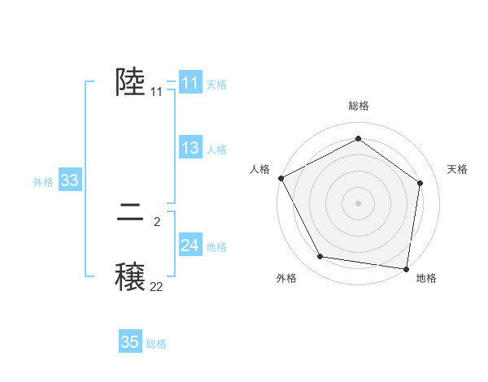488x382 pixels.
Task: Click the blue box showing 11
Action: (x=190, y=83)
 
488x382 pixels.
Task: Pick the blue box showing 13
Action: (x=190, y=148)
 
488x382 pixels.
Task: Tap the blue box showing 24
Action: (x=190, y=245)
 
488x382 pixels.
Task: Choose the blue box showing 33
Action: (x=69, y=180)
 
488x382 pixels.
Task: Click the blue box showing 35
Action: (x=130, y=342)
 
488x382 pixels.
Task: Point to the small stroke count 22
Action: (x=156, y=286)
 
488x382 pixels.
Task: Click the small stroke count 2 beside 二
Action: (x=157, y=221)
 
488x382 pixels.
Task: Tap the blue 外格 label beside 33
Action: (x=43, y=182)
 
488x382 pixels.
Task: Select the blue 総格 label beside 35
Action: (x=156, y=344)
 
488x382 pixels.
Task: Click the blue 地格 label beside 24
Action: (x=216, y=247)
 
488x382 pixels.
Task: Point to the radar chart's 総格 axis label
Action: (x=359, y=106)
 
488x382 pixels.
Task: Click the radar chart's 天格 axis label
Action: (x=457, y=169)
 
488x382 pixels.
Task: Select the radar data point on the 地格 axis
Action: (x=407, y=268)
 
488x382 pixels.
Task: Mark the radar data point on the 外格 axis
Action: (x=320, y=257)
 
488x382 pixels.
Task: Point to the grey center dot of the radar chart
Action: (x=359, y=202)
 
